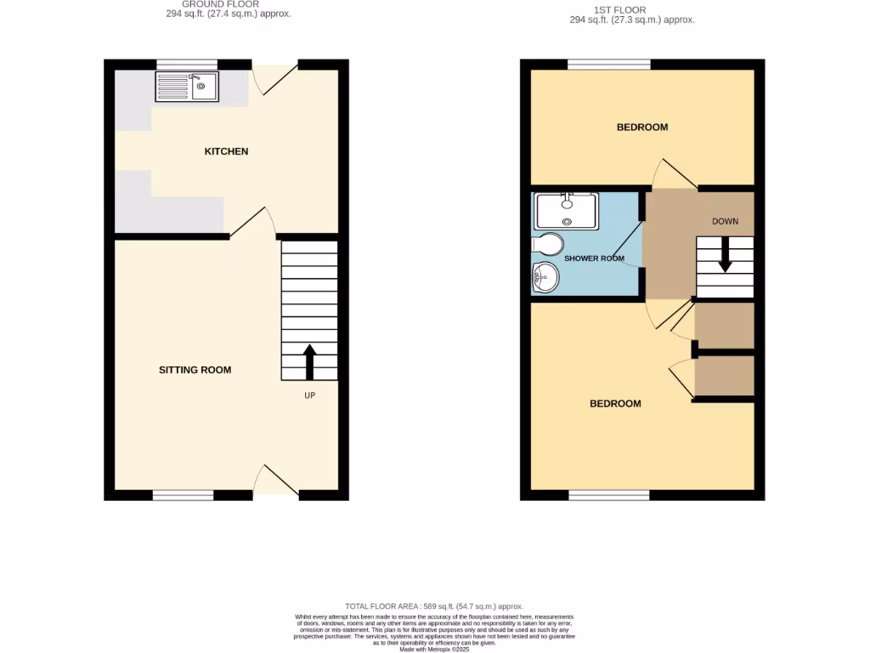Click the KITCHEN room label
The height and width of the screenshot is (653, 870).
[226, 151]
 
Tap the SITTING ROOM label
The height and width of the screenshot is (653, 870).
[195, 370]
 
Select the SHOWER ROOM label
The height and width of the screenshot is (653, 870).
[595, 258]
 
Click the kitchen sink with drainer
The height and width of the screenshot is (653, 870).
[187, 86]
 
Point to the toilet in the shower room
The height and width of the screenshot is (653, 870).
[547, 245]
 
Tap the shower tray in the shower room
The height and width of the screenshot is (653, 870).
[567, 209]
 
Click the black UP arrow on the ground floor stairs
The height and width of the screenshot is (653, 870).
[309, 361]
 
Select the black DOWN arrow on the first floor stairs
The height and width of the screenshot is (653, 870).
[725, 254]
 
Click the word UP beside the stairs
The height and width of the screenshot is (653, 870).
[310, 395]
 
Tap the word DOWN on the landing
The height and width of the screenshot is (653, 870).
[725, 221]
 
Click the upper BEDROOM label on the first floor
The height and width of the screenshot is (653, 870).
[641, 128]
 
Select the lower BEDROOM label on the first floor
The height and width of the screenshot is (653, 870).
[615, 404]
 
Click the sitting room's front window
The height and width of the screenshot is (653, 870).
[184, 495]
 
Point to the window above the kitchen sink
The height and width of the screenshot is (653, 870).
[187, 64]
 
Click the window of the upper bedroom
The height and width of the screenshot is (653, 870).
[609, 64]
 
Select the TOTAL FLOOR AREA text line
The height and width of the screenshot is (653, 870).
[434, 605]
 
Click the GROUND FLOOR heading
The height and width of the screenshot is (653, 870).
[201, 4]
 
